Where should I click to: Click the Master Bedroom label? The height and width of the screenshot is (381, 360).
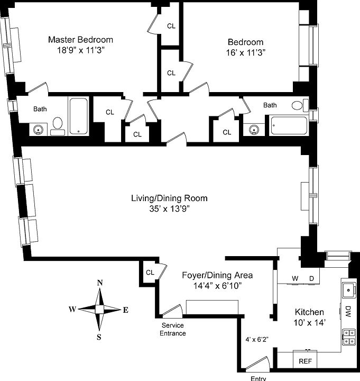point(80,40)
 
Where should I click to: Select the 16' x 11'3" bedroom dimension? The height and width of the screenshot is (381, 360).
point(245,52)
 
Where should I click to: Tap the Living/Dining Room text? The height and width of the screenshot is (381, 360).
point(169,198)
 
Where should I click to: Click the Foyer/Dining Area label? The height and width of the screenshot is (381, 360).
point(217,275)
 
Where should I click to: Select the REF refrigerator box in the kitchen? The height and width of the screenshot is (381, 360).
point(304,361)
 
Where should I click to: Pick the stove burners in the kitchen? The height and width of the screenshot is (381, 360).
point(348,337)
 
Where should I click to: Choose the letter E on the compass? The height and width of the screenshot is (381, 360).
point(125,310)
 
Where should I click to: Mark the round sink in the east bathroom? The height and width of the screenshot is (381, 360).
point(254,129)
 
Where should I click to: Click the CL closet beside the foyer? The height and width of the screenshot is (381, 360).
point(150,273)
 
